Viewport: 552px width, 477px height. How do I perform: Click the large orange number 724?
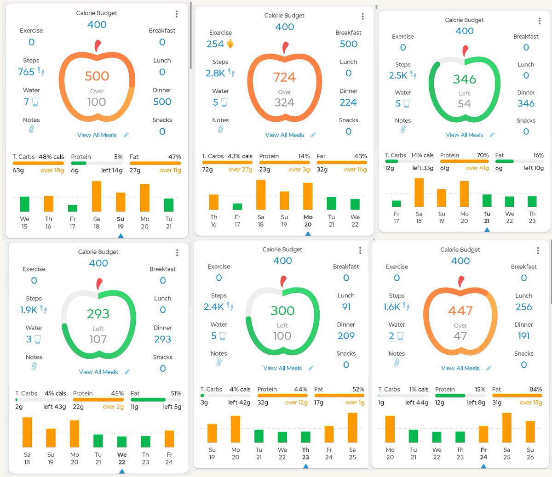pos(284,77)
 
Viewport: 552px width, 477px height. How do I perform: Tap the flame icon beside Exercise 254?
pos(230,44)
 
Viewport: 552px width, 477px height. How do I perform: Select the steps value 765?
pos(26,72)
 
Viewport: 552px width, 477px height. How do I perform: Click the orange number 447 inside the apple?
pos(460,311)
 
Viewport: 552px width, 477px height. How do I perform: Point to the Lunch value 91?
pos(346,307)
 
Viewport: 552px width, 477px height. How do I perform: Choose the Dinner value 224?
pos(348,102)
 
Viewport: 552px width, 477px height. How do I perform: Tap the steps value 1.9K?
pos(29,310)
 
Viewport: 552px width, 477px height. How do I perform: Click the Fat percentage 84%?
pos(536,389)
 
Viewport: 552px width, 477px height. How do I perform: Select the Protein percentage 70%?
pos(483,155)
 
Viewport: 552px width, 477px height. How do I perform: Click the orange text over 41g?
pos(477,168)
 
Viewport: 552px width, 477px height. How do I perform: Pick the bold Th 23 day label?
pos(305,453)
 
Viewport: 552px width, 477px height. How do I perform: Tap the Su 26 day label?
pos(530,453)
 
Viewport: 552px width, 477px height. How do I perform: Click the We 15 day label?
pos(24,222)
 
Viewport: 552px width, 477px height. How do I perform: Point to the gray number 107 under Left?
pos(98,339)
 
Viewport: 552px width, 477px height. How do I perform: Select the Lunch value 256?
pos(523,307)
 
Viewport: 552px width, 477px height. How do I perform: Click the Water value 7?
pos(26,102)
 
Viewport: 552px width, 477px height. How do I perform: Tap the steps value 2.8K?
pos(215,73)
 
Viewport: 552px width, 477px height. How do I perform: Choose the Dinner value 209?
pos(346,335)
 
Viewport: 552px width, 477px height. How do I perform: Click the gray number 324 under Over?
pos(284,102)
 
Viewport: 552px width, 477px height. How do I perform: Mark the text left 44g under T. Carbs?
pos(417,402)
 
